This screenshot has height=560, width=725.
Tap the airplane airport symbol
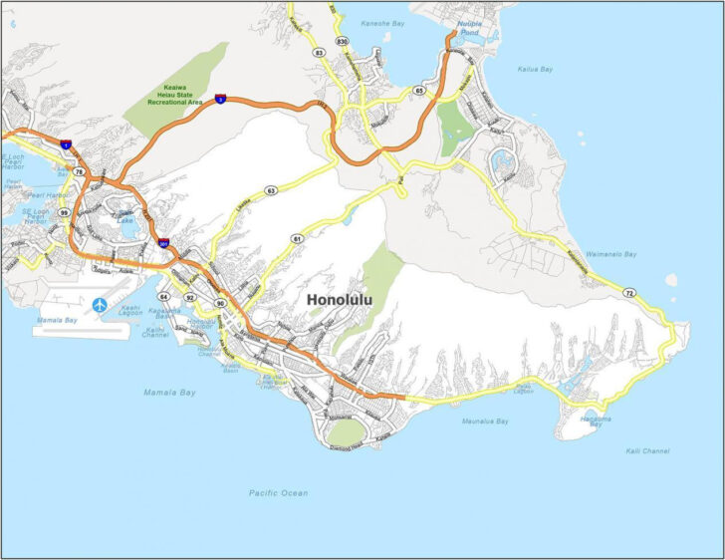coord(100,305)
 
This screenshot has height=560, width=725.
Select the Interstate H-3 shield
coord(219,99)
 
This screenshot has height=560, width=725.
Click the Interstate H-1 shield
coord(65,145)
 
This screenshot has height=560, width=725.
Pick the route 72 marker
coord(628,293)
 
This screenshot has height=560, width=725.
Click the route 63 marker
coord(270,189)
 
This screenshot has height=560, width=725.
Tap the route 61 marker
coord(297,239)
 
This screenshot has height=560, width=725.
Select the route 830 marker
coord(342,41)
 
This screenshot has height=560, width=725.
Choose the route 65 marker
coord(419,91)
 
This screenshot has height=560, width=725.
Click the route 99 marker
coord(64,212)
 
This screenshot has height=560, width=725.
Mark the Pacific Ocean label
coord(278,493)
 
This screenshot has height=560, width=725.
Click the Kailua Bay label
coord(538,69)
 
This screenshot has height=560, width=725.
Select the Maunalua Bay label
coord(485,421)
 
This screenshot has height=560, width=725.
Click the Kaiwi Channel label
coord(648,451)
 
